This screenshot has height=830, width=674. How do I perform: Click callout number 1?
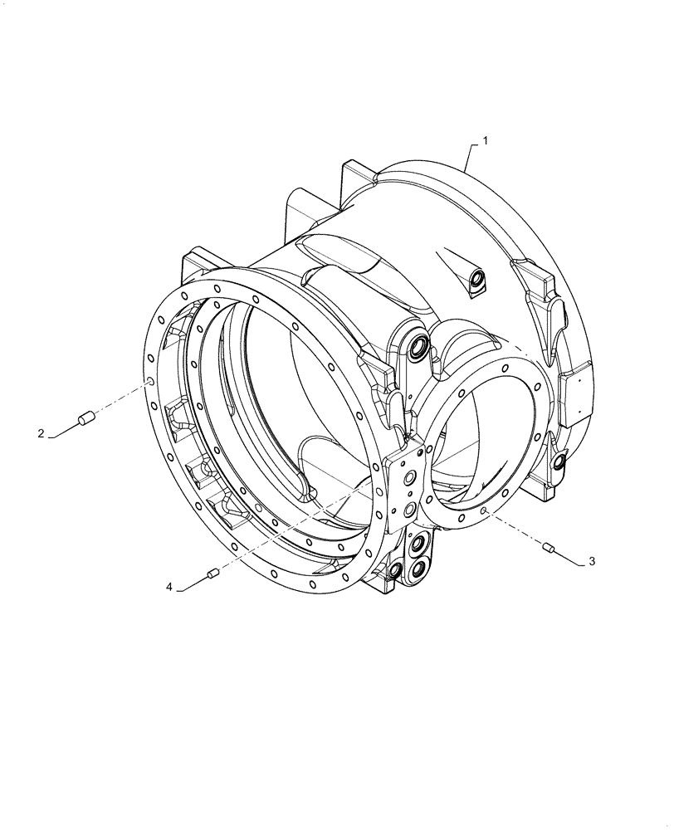coord(486,141)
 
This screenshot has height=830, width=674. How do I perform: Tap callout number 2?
coord(40,432)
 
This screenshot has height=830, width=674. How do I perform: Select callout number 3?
coord(591,562)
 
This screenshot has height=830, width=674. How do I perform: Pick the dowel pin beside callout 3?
coord(547,546)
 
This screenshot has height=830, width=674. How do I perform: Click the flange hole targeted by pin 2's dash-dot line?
coord(150,382)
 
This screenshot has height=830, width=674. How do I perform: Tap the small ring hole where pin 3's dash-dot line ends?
coord(483,512)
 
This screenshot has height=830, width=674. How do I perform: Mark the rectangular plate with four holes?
coord(406,490)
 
